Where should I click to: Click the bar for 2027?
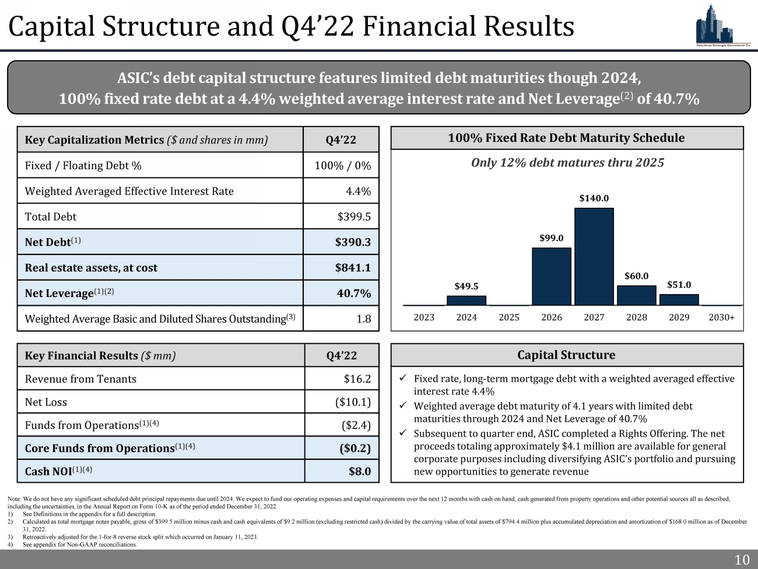click(594, 257)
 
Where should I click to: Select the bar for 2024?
click(466, 301)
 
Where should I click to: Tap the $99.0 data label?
click(551, 238)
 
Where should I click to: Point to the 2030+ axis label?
click(721, 317)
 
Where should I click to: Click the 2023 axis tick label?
click(424, 317)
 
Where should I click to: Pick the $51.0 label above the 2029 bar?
click(679, 285)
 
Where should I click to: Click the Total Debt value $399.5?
click(354, 217)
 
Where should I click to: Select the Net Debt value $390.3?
click(353, 242)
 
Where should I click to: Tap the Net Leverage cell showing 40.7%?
click(354, 293)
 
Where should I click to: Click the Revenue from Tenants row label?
click(80, 379)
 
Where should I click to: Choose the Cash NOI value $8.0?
click(359, 471)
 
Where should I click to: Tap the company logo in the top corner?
click(722, 25)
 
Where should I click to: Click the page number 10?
click(742, 560)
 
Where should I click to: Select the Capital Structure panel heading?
click(566, 355)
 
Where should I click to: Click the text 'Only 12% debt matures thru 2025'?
click(567, 163)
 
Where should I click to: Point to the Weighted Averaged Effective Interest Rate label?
click(129, 191)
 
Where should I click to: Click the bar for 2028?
click(636, 295)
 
